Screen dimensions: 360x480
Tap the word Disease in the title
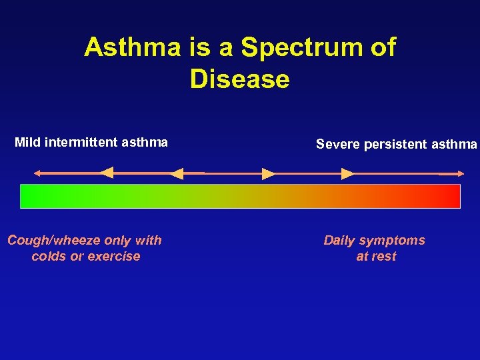click(239, 79)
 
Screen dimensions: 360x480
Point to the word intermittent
click(82, 142)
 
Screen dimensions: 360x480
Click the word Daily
click(341, 240)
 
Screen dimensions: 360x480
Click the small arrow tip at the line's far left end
click(36, 173)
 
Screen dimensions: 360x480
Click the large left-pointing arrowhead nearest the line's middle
click(177, 173)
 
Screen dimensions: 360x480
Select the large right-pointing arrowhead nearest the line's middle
click(268, 174)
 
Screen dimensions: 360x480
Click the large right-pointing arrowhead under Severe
click(347, 174)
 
